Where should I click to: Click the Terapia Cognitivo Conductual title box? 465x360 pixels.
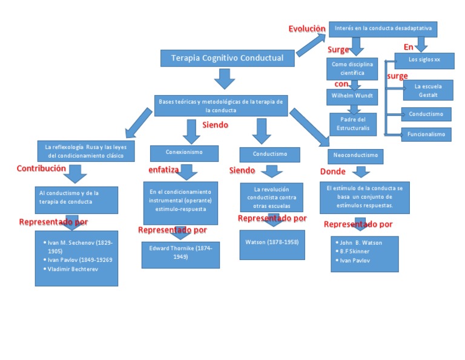tap(228, 58)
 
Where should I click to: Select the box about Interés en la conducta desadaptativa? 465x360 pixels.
tap(383, 28)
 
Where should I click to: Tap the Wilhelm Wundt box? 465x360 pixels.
tap(352, 96)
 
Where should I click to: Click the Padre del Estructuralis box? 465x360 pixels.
tap(352, 124)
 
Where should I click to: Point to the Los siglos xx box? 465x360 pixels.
tap(424, 59)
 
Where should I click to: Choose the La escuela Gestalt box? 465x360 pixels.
tap(426, 90)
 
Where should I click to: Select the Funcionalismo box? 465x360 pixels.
tap(426, 134)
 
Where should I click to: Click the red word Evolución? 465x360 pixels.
tap(306, 29)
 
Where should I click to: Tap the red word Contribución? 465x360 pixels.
tap(41, 168)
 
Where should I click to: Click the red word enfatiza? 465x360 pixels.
tap(163, 170)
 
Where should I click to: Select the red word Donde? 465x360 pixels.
tap(332, 172)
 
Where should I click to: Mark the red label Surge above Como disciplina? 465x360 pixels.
tap(338, 50)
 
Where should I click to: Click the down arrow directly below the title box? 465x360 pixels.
tap(225, 79)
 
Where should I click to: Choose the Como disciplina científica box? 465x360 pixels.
tap(352, 68)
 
